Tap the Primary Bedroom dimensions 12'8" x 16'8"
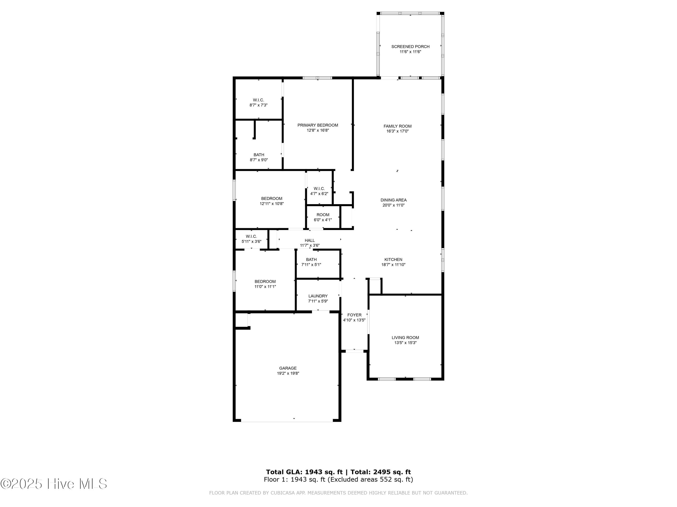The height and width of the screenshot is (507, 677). click(x=318, y=130)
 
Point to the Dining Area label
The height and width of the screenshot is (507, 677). click(x=393, y=200)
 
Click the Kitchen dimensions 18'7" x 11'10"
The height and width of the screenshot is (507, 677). click(x=393, y=265)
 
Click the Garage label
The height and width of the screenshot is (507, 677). click(x=288, y=368)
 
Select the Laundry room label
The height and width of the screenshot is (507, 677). click(x=318, y=296)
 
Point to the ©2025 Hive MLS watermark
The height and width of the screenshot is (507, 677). click(x=53, y=484)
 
